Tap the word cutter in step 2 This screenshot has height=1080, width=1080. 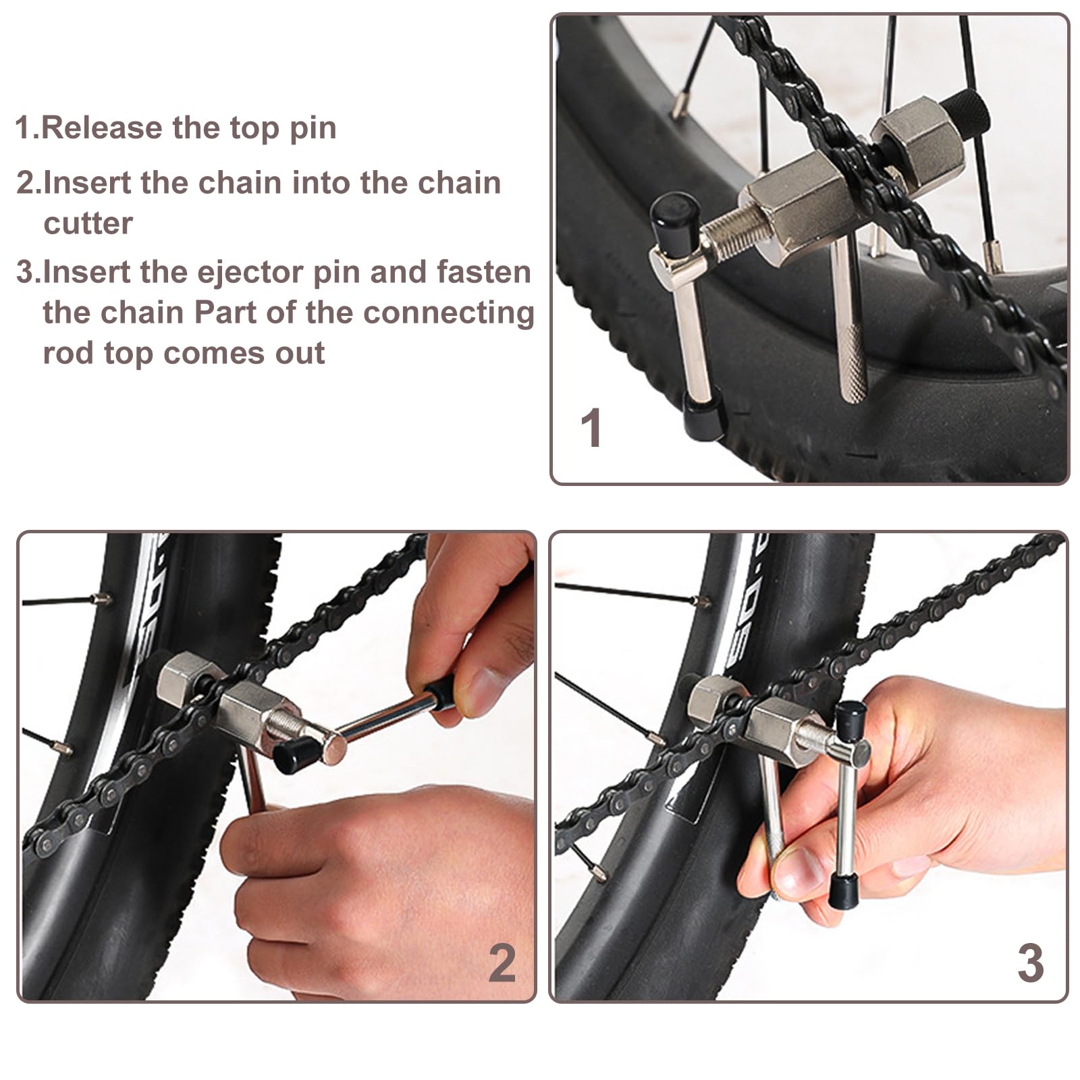click(x=88, y=223)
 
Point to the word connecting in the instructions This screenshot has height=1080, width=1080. click(x=448, y=314)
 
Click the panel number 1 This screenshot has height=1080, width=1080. click(x=591, y=428)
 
